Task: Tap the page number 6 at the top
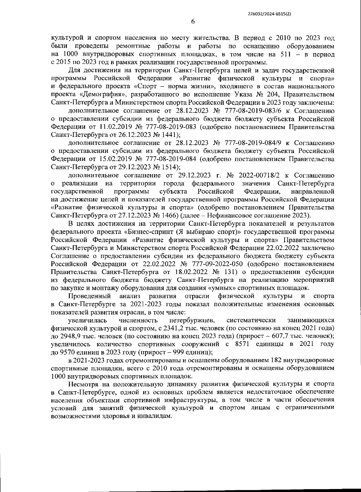pyautogui.click(x=193, y=22)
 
